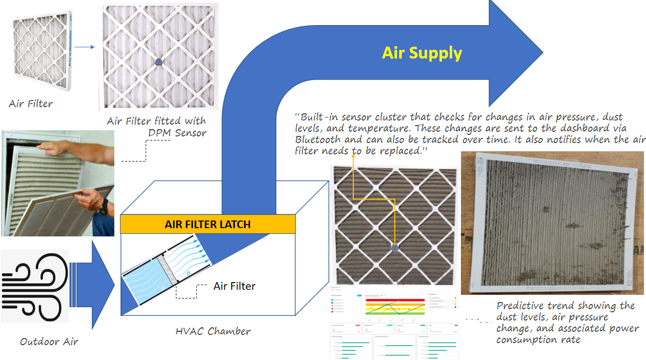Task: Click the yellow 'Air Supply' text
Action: [x=422, y=53]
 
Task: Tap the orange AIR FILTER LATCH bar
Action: [x=208, y=224]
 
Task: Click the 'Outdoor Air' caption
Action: [x=49, y=342]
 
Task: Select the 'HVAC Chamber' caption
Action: [x=213, y=331]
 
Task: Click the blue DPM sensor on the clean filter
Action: [x=158, y=61]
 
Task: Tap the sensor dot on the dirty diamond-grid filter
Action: [x=394, y=248]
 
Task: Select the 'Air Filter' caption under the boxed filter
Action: [x=31, y=104]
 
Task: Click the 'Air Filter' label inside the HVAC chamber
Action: [x=234, y=286]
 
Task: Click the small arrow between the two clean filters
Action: [x=85, y=47]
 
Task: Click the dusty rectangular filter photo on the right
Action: [x=552, y=223]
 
